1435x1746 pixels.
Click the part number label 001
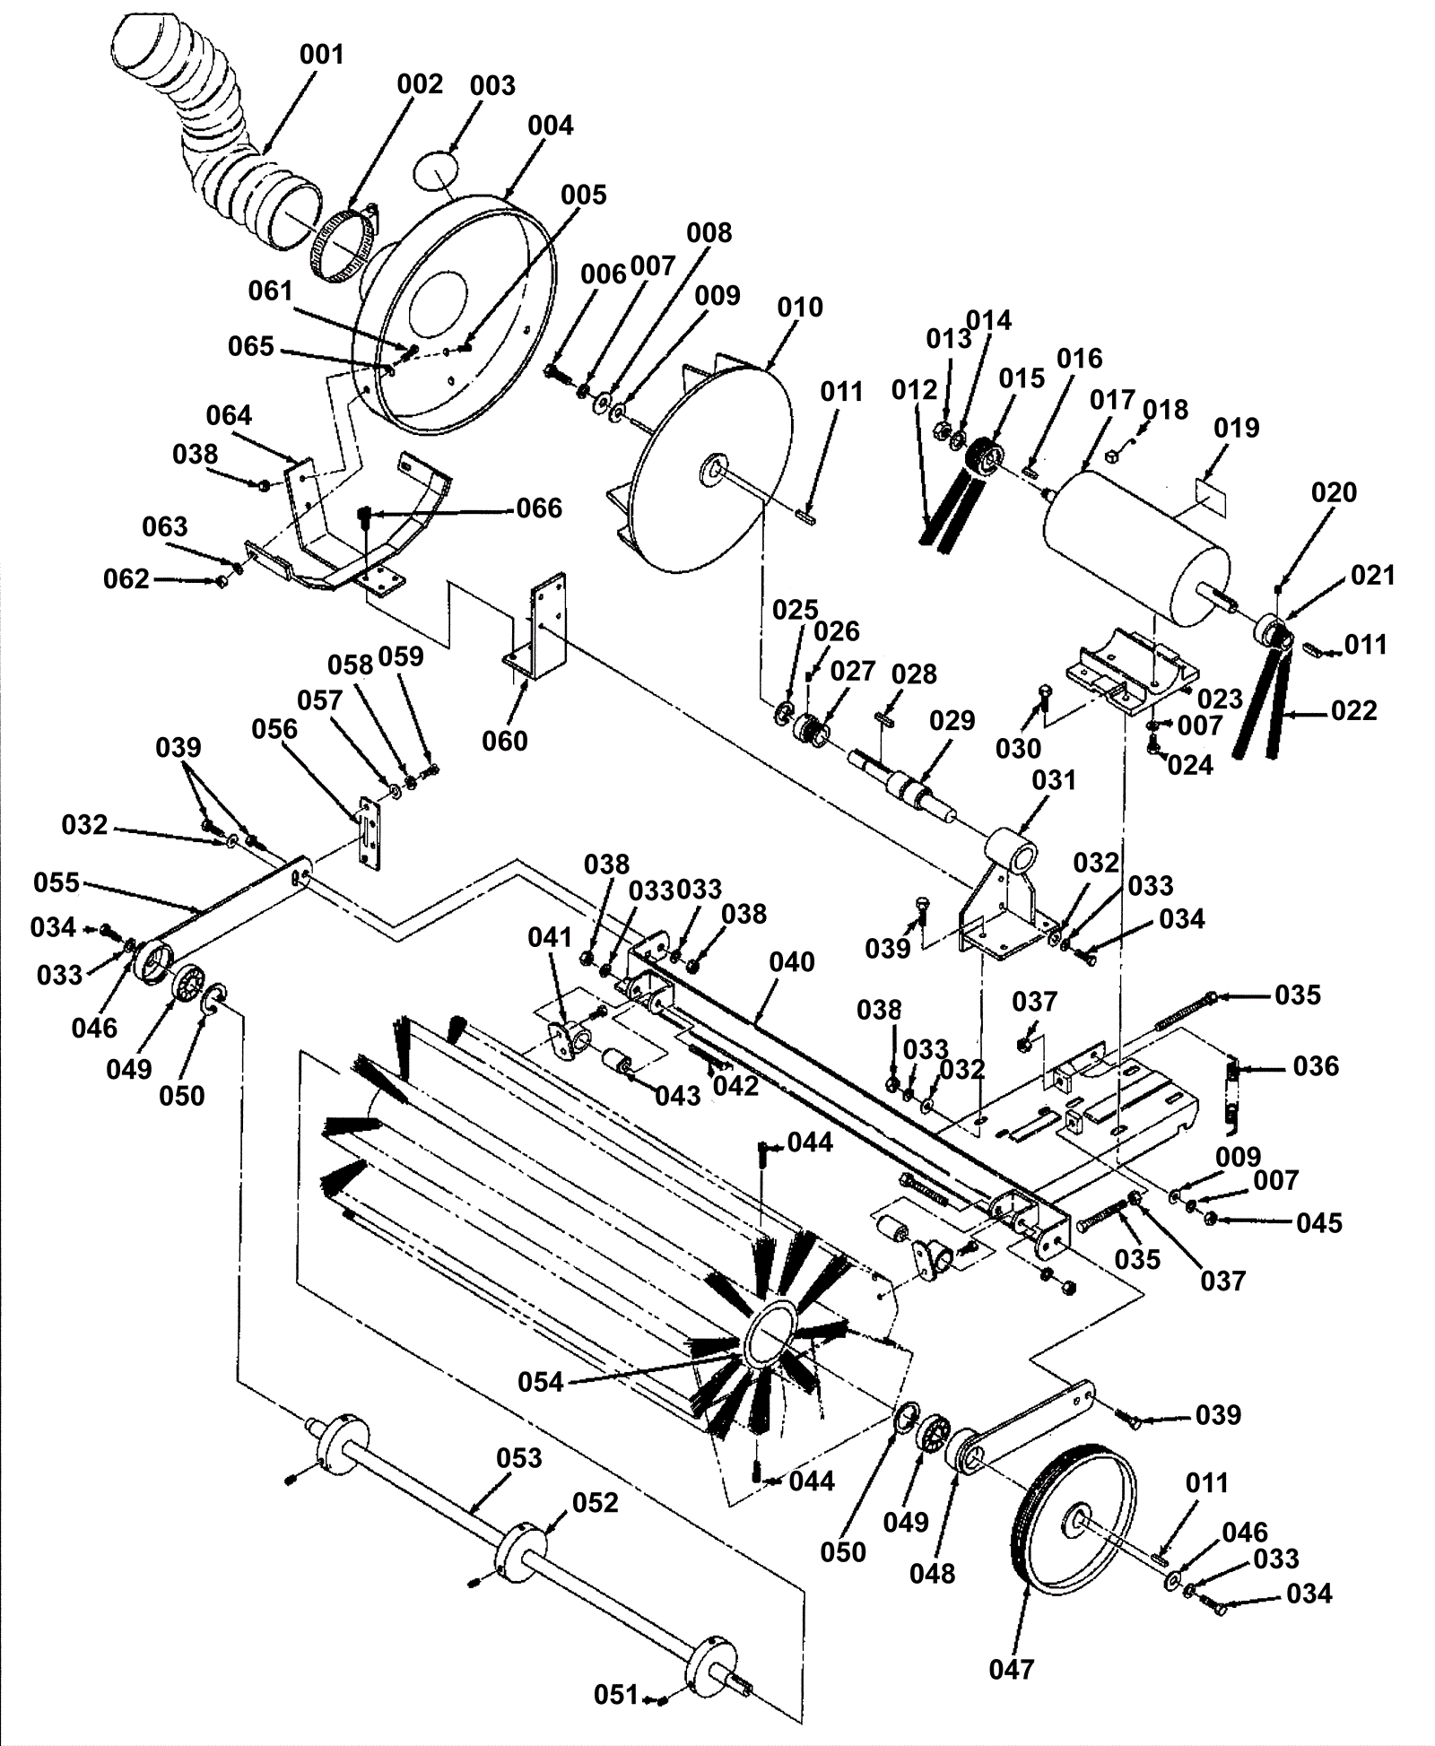click(x=322, y=55)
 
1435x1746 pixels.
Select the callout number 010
click(x=800, y=308)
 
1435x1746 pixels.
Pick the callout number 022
click(x=1354, y=710)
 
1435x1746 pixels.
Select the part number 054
click(x=541, y=1382)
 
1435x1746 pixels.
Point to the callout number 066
click(x=539, y=508)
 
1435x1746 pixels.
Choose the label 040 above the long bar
click(x=792, y=962)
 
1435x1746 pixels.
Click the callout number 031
click(x=1054, y=780)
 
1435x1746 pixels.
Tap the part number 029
click(x=952, y=721)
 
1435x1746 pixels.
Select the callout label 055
click(x=57, y=882)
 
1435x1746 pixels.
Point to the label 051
click(x=616, y=1695)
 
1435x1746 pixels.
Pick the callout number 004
click(x=550, y=126)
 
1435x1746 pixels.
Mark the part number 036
click(x=1316, y=1066)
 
